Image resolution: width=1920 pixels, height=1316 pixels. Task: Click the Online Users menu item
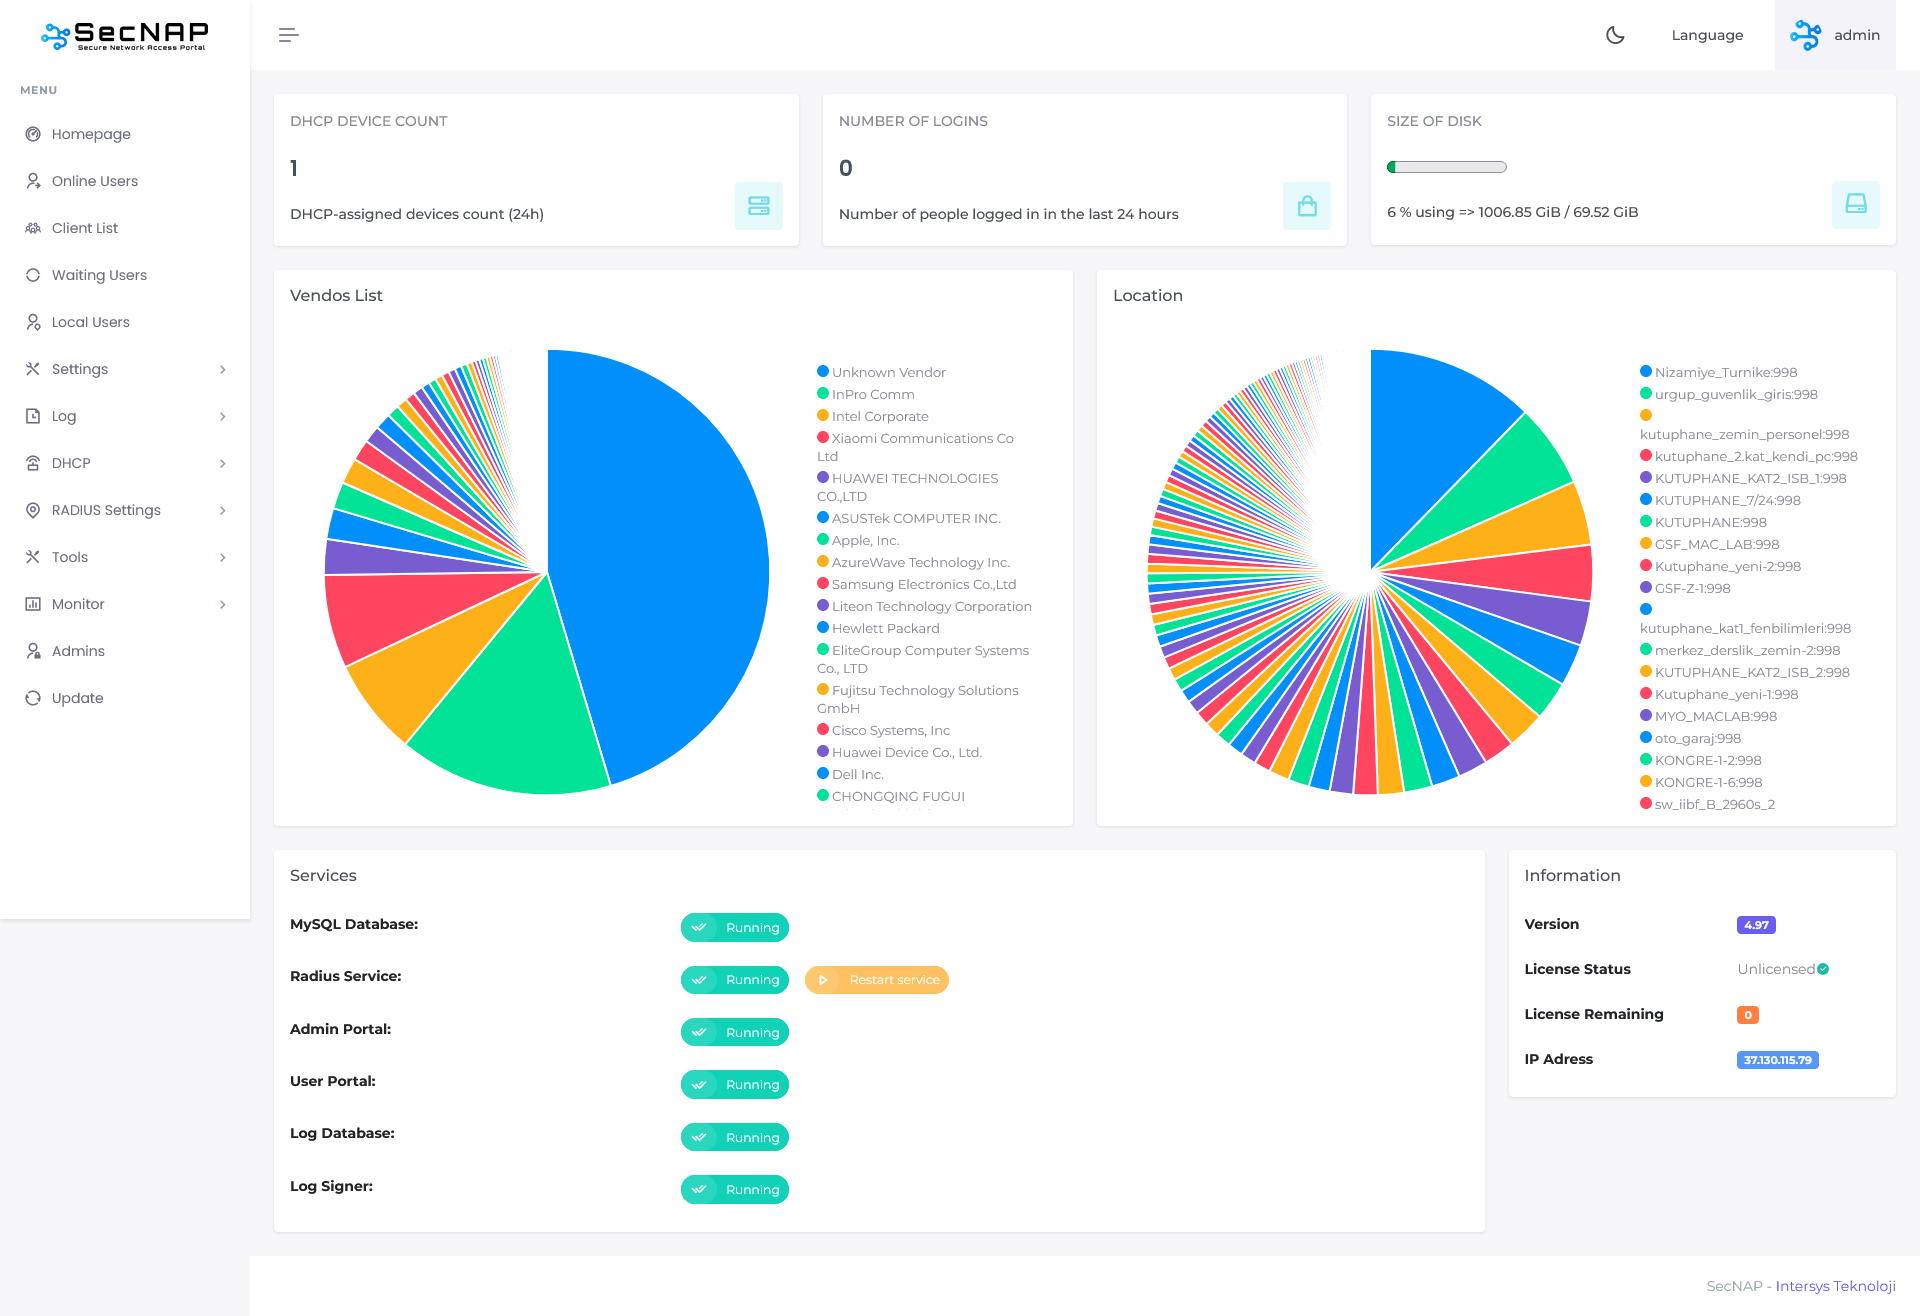(x=94, y=181)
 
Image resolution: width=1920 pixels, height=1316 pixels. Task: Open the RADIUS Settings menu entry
(x=106, y=510)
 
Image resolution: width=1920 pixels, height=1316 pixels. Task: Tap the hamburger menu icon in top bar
(x=288, y=35)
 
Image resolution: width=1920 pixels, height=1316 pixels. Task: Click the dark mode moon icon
(x=1615, y=35)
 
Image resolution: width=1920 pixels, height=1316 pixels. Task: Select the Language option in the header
(x=1707, y=35)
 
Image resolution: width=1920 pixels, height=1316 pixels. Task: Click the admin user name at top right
(x=1856, y=35)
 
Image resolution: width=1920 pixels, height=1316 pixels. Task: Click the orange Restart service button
(x=877, y=980)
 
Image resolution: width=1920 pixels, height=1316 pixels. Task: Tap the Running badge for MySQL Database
(x=735, y=928)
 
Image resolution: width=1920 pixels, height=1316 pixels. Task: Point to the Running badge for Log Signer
(x=735, y=1190)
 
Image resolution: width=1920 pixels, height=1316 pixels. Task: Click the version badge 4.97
(x=1756, y=925)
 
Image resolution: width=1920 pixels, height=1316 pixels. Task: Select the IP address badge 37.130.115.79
(x=1777, y=1060)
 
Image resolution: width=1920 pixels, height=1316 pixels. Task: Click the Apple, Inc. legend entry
(x=865, y=541)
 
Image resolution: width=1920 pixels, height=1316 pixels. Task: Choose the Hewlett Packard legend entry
(x=885, y=629)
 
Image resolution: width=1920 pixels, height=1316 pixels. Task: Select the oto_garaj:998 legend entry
(x=1697, y=739)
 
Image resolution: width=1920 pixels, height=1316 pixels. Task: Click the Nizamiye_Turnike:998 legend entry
(x=1725, y=373)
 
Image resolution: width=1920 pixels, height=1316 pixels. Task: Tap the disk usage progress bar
(x=1447, y=167)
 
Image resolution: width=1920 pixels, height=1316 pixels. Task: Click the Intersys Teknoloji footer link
(x=1835, y=1286)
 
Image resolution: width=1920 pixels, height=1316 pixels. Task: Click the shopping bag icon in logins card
(x=1306, y=206)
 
